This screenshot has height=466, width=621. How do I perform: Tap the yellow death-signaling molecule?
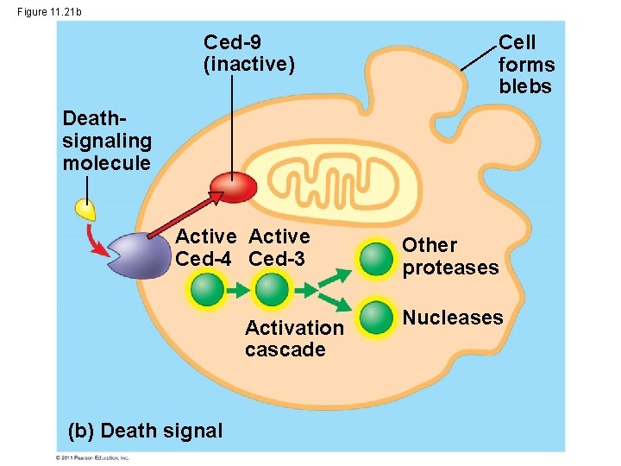85,210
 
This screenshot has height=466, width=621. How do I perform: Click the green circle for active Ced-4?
207,289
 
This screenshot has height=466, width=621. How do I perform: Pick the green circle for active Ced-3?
272,289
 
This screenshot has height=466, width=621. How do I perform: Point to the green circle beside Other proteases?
376,259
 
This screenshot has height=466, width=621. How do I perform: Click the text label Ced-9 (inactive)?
248,54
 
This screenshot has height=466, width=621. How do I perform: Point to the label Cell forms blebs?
526,65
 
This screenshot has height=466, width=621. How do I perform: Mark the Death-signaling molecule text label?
106,141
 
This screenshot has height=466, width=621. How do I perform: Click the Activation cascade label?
293,338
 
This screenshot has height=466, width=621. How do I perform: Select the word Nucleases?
453,318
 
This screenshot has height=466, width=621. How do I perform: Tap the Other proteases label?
449,256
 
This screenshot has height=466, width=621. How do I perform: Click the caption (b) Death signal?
144,431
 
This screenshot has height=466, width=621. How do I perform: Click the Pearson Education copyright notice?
92,457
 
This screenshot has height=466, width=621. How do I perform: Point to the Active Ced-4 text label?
206,248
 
